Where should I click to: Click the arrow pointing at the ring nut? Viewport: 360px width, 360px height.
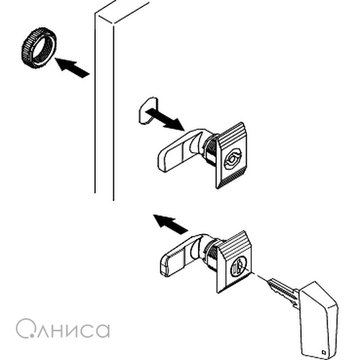point(72,67)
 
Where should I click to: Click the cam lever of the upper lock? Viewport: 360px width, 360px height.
point(178,151)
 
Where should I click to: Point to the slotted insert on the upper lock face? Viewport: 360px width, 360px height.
point(232,158)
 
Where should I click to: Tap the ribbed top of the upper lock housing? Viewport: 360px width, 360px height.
point(231,136)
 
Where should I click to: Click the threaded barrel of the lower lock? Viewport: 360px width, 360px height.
point(210,254)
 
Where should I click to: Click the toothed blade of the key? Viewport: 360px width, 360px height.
point(283,292)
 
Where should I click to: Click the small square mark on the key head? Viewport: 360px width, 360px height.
point(323,352)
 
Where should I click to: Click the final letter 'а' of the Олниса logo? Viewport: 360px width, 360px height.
point(102,330)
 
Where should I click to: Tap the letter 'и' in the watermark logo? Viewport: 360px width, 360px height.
point(68,330)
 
